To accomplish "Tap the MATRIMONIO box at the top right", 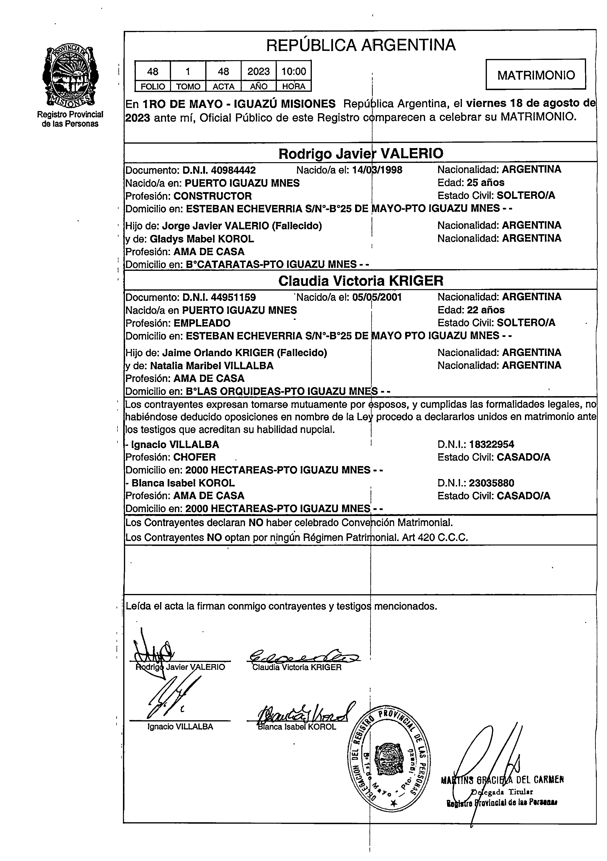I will [x=536, y=75].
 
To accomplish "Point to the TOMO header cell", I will [x=188, y=87].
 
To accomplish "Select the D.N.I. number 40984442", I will [x=233, y=170].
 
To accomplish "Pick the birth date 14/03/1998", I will [x=377, y=170].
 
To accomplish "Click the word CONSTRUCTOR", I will [x=212, y=196].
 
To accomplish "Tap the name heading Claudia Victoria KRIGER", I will [x=361, y=281].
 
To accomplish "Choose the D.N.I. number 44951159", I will [x=233, y=298].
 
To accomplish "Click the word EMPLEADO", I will [x=202, y=323].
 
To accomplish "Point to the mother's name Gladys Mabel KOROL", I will [x=202, y=239].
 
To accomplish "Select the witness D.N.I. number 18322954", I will [x=491, y=445].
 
